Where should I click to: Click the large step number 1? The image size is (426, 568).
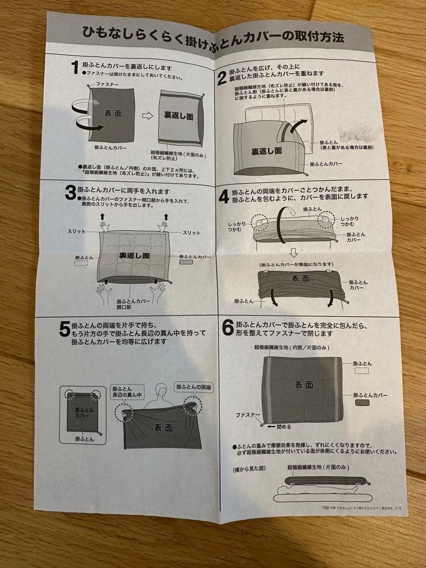75,67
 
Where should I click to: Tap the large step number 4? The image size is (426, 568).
224,197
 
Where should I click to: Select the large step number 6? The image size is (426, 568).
228,328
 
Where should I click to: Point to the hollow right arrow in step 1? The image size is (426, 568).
148,116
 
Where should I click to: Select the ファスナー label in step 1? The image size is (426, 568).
108,84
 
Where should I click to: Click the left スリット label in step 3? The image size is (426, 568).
77,232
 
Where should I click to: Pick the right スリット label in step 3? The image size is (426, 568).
191,232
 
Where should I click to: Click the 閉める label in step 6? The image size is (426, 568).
283,427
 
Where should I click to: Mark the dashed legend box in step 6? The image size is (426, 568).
362,371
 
